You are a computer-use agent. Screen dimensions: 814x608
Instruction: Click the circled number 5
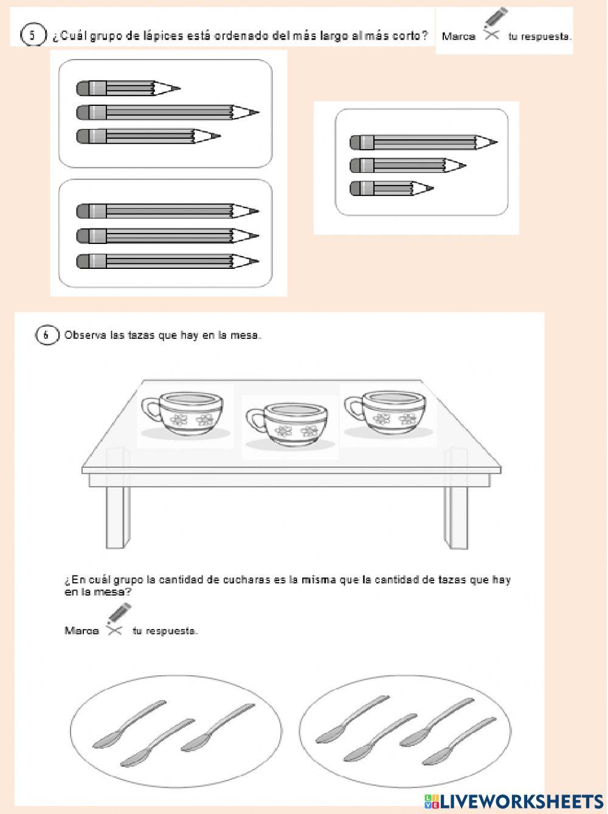pyautogui.click(x=33, y=35)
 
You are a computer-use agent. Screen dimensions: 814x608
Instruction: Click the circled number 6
pyautogui.click(x=46, y=335)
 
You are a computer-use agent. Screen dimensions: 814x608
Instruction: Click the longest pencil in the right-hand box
pyautogui.click(x=423, y=143)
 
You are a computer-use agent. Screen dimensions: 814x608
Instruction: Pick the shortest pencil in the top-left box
pyautogui.click(x=128, y=89)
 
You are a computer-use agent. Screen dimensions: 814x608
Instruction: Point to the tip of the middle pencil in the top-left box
pyautogui.click(x=255, y=113)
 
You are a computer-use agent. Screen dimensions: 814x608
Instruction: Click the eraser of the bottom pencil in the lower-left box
pyautogui.click(x=84, y=262)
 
